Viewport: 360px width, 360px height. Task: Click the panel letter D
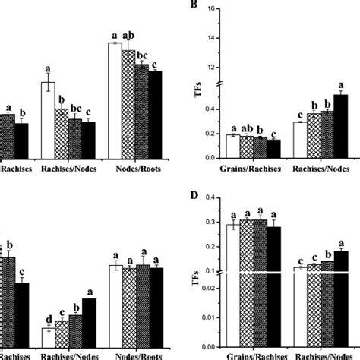pos(196,196)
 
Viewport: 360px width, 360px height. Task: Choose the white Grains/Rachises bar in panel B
pos(231,146)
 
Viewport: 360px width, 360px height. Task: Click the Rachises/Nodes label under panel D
pos(321,355)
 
